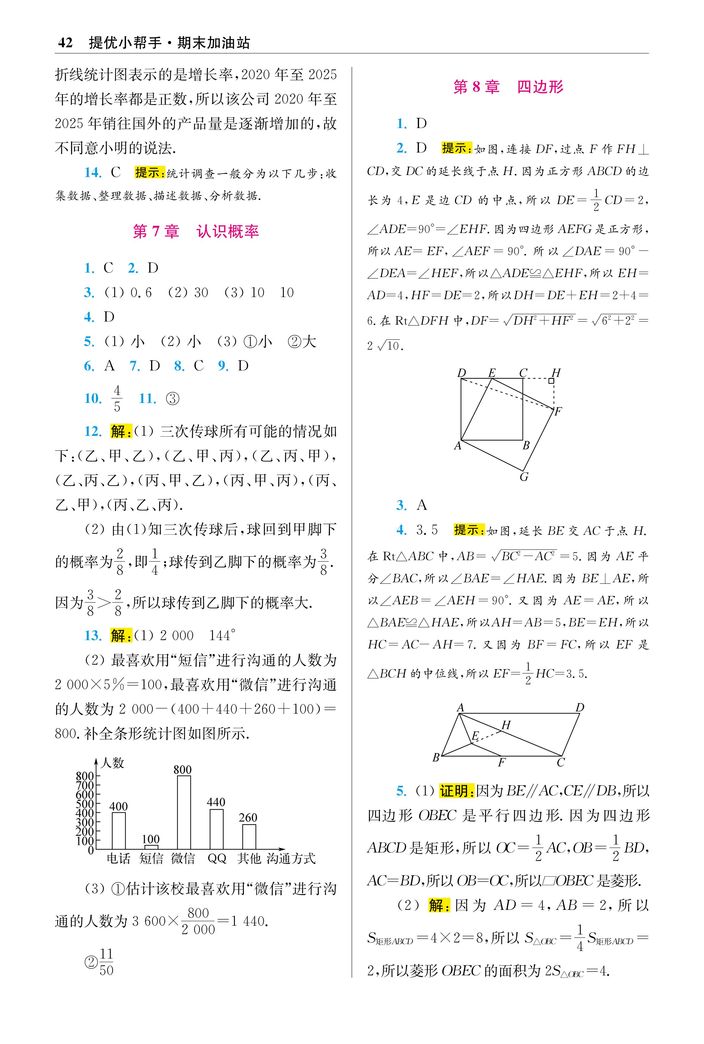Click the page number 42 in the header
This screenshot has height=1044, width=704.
pyautogui.click(x=65, y=43)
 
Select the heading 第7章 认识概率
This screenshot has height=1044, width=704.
pyautogui.click(x=196, y=232)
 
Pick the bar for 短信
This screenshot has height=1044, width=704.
pyautogui.click(x=151, y=847)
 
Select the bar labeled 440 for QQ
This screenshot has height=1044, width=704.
pyautogui.click(x=216, y=829)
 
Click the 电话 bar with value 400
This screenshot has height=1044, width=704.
pyautogui.click(x=119, y=830)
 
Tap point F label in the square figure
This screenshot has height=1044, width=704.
pyautogui.click(x=558, y=411)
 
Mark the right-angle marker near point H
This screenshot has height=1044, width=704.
pyautogui.click(x=551, y=381)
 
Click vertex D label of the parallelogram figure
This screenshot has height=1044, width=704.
pyautogui.click(x=580, y=708)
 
